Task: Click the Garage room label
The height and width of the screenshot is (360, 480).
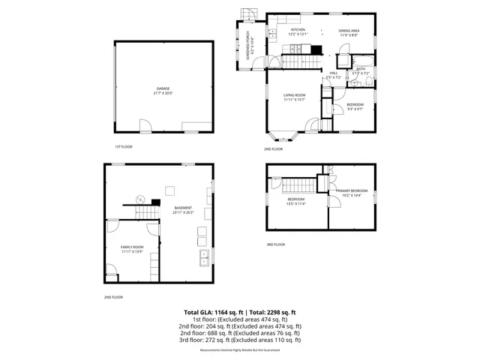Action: click(x=163, y=88)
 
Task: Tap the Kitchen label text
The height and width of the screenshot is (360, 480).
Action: click(x=298, y=30)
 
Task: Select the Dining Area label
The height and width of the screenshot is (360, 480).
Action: click(x=350, y=30)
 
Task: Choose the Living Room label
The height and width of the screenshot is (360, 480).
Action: click(x=294, y=95)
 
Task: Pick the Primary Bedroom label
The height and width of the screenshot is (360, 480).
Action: click(x=349, y=191)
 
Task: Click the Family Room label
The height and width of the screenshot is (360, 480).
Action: click(x=132, y=247)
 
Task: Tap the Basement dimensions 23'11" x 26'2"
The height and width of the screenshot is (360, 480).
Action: click(x=183, y=212)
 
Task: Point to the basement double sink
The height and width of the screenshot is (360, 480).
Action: click(x=203, y=259)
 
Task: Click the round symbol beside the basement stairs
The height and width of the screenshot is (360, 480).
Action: click(x=139, y=199)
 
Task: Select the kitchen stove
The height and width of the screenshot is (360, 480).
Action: click(x=316, y=50)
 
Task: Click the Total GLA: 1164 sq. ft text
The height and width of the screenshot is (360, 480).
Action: click(x=210, y=312)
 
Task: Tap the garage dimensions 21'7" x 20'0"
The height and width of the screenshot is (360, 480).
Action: click(x=163, y=93)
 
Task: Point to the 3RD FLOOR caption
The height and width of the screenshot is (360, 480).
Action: click(x=275, y=244)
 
